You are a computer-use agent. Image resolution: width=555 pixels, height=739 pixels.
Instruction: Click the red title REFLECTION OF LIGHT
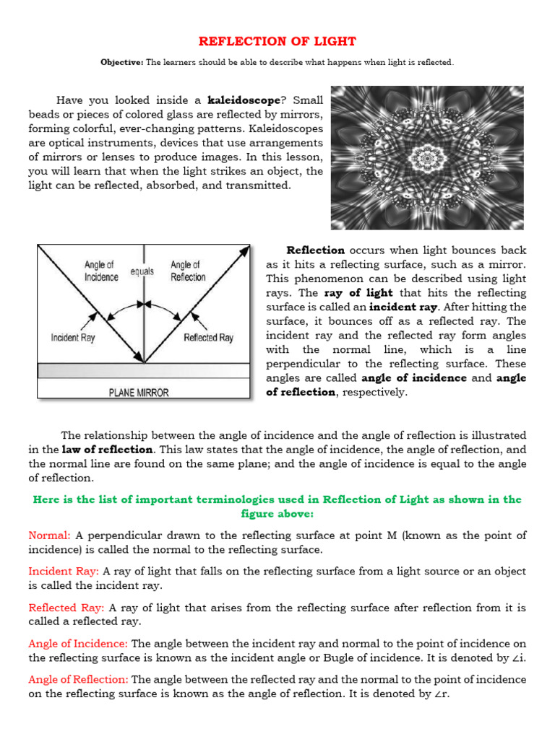click(x=277, y=41)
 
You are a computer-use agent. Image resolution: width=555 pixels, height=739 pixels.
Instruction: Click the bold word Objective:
click(x=121, y=63)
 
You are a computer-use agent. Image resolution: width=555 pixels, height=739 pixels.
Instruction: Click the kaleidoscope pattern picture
click(x=428, y=158)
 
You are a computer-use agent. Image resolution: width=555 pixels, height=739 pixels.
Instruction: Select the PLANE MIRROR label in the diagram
click(x=139, y=393)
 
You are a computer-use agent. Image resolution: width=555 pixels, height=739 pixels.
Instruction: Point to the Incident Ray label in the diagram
click(x=74, y=337)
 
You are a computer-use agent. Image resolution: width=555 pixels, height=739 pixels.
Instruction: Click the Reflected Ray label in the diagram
click(x=209, y=337)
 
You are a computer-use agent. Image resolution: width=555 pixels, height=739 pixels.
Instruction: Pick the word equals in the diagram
click(x=142, y=271)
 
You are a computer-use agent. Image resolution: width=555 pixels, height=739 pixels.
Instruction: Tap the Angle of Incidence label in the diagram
click(x=101, y=271)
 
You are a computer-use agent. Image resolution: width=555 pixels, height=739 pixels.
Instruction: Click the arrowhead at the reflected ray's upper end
click(x=245, y=249)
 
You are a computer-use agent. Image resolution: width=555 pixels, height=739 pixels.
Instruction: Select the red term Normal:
click(x=49, y=535)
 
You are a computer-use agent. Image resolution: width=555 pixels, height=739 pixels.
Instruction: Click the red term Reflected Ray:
click(x=66, y=607)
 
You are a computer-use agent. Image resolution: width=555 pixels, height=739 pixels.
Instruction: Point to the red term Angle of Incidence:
click(x=78, y=643)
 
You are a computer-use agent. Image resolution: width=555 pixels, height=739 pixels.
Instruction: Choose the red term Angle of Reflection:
click(x=78, y=679)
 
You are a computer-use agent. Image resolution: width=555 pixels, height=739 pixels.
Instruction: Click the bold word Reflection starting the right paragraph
click(x=315, y=250)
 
